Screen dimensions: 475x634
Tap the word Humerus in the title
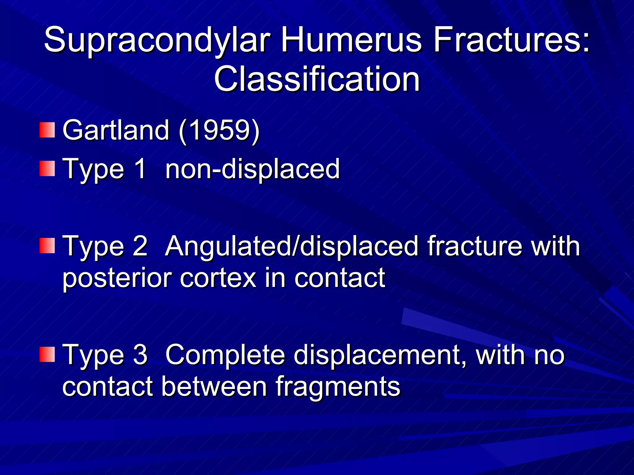coord(351,40)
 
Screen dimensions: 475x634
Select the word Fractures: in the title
coord(511,40)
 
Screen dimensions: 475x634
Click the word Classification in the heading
coord(317,79)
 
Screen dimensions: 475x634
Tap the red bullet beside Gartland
coord(47,130)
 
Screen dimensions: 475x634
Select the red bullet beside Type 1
coord(47,169)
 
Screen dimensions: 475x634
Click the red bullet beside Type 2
coord(47,246)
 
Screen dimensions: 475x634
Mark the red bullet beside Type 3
coord(47,354)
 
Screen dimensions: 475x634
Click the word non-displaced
coord(252,169)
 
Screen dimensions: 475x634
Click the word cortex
coord(218,278)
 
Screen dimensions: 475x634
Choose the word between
coord(214,387)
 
